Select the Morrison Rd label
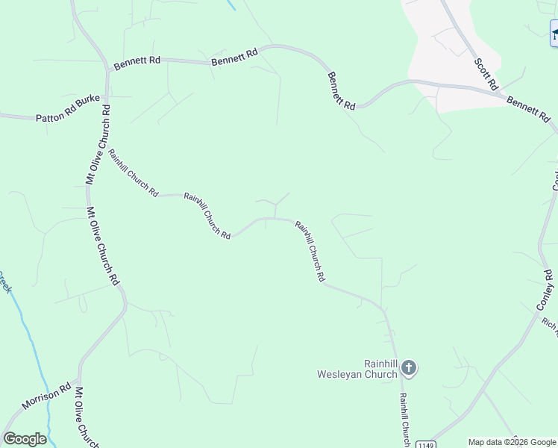tap(45, 396)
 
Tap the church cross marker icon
tap(408, 367)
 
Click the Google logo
tap(25, 439)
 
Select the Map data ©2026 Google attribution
tap(512, 442)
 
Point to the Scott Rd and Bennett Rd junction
tap(501, 91)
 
